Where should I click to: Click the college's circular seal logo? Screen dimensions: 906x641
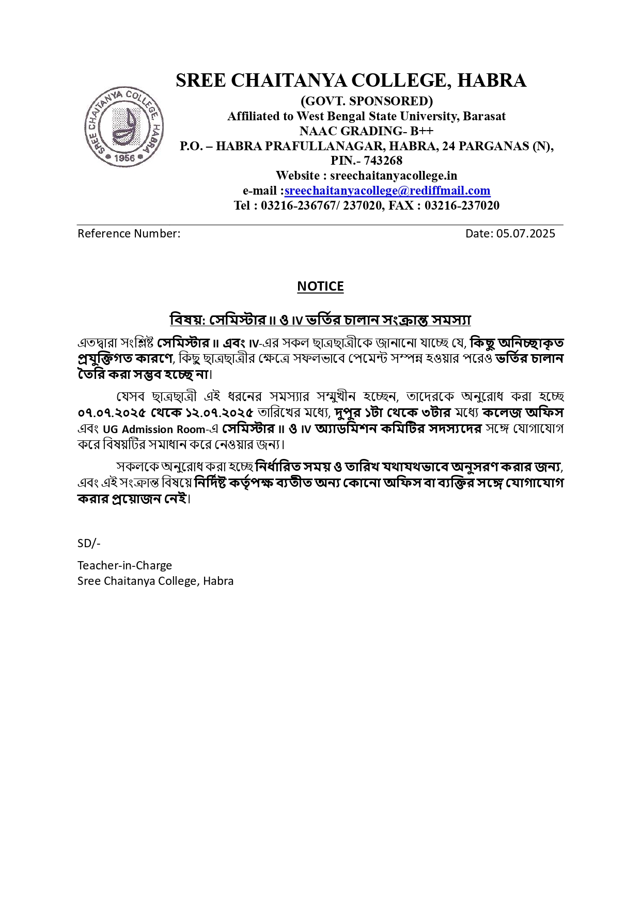pyautogui.click(x=124, y=127)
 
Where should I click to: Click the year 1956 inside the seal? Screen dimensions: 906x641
pyautogui.click(x=124, y=157)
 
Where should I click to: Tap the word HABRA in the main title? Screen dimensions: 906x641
pyautogui.click(x=492, y=81)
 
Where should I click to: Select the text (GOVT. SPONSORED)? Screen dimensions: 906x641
pyautogui.click(x=366, y=101)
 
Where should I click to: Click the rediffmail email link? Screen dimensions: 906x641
pyautogui.click(x=387, y=190)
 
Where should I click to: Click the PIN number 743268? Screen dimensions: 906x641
pyautogui.click(x=383, y=161)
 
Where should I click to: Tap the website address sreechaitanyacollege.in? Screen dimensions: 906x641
pyautogui.click(x=394, y=176)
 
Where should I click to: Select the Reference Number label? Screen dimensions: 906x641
pyautogui.click(x=129, y=233)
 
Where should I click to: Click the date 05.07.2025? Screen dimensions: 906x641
pyautogui.click(x=526, y=233)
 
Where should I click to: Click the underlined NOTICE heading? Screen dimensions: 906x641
pyautogui.click(x=320, y=286)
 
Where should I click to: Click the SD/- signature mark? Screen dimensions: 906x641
pyautogui.click(x=89, y=543)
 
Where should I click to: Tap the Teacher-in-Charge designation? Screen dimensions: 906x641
pyautogui.click(x=124, y=565)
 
